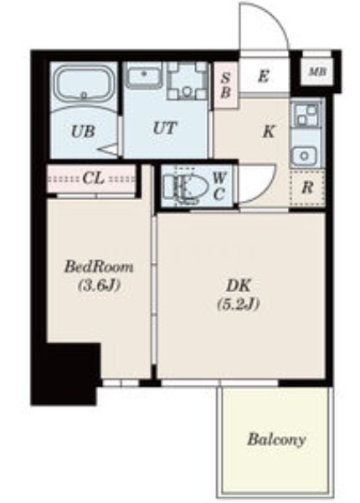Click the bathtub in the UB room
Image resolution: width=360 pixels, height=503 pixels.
click(x=84, y=85)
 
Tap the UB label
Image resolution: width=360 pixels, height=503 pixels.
click(x=83, y=131)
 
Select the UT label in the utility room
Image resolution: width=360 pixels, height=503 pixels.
click(x=165, y=128)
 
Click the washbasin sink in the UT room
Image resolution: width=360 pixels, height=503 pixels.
click(x=144, y=75)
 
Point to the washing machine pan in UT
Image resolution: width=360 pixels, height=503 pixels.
click(x=187, y=81)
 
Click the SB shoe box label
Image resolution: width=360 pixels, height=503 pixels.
click(x=226, y=85)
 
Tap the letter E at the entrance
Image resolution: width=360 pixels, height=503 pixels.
click(x=263, y=77)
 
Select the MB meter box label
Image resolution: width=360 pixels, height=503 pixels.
click(x=317, y=71)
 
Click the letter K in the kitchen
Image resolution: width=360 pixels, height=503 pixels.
click(x=269, y=131)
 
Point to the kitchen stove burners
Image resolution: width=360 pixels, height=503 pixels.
click(x=306, y=115)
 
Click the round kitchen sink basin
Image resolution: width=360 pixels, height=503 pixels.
click(x=305, y=156)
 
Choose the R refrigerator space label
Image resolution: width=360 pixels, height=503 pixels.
click(x=307, y=187)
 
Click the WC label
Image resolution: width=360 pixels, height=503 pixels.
click(x=219, y=186)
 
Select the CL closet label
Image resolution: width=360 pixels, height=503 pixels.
click(x=94, y=178)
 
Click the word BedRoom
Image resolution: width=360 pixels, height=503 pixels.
click(x=99, y=267)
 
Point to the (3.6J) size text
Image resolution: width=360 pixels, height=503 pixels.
click(x=99, y=285)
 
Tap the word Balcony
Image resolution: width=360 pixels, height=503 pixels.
click(x=276, y=439)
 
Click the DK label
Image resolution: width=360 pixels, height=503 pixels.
click(x=238, y=285)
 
